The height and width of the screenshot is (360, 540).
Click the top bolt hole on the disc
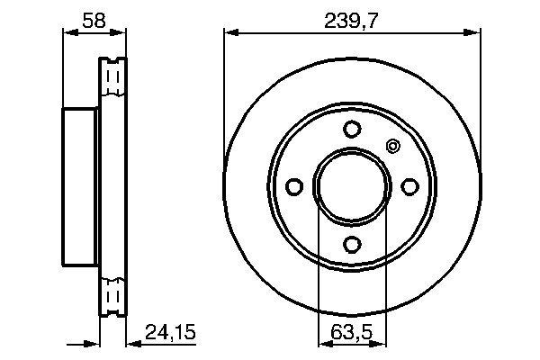[352, 128]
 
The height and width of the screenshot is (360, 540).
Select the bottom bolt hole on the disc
[352, 243]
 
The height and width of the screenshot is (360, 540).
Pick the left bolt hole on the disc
[294, 185]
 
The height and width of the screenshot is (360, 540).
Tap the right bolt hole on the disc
[409, 185]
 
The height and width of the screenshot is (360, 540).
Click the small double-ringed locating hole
[391, 147]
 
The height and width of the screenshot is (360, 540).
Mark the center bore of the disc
[352, 185]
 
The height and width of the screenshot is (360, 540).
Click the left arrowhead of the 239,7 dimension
[230, 34]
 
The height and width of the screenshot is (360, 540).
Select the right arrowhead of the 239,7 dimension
[472, 34]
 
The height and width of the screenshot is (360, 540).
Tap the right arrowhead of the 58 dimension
[119, 34]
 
